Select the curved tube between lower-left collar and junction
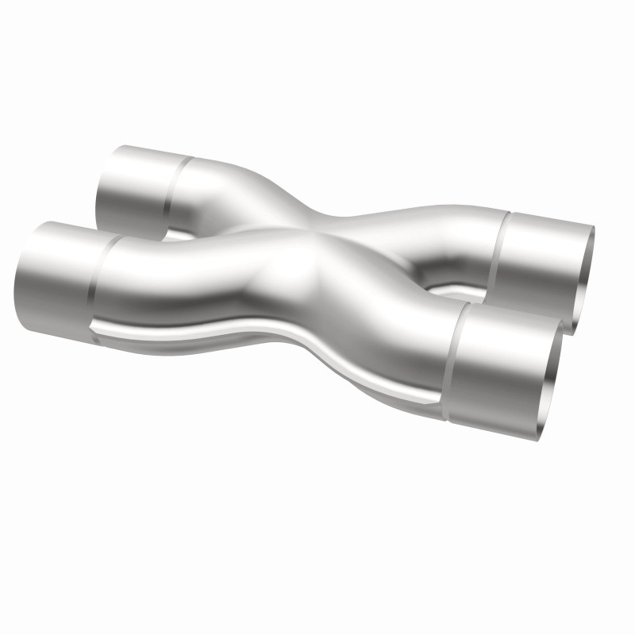pyautogui.click(x=183, y=278)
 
